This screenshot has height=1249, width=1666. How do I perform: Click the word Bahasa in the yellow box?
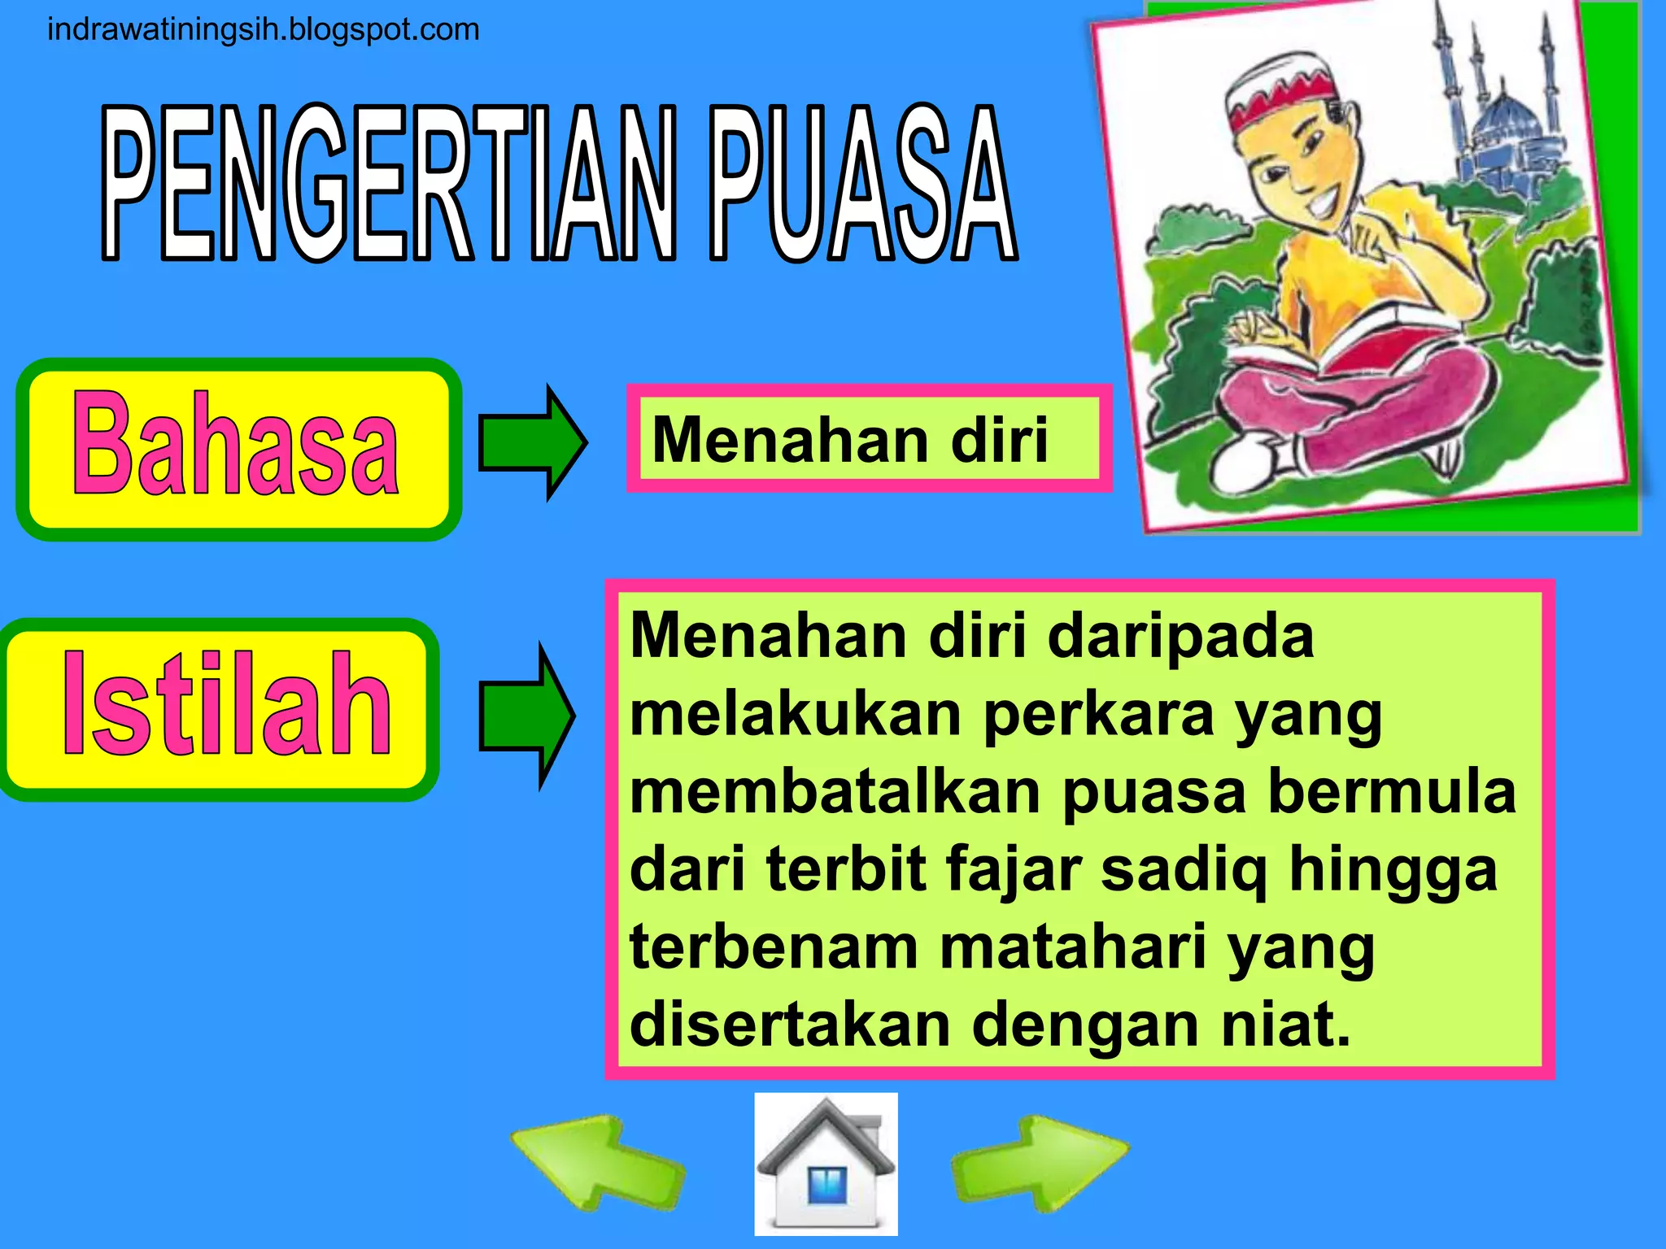pos(236,446)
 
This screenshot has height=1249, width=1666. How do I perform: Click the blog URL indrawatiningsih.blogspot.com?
pos(264,30)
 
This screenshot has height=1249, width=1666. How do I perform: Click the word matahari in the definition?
pos(1073,947)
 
